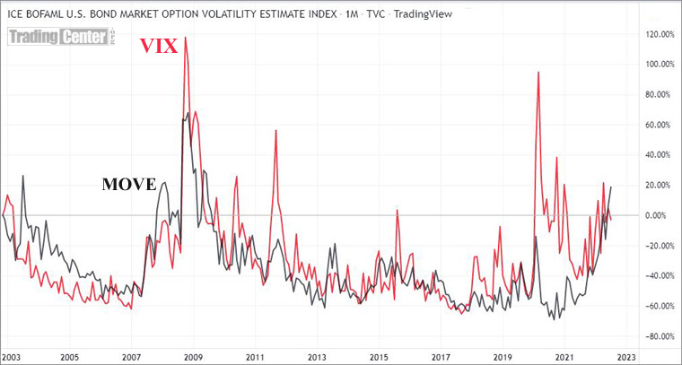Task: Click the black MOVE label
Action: point(129,185)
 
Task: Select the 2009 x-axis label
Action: point(193,355)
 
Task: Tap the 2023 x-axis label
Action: point(625,355)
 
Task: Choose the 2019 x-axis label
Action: point(502,355)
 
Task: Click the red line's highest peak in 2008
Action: point(185,38)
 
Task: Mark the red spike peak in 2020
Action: point(538,72)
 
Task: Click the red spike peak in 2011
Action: point(275,131)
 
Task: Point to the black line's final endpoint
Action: point(612,186)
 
